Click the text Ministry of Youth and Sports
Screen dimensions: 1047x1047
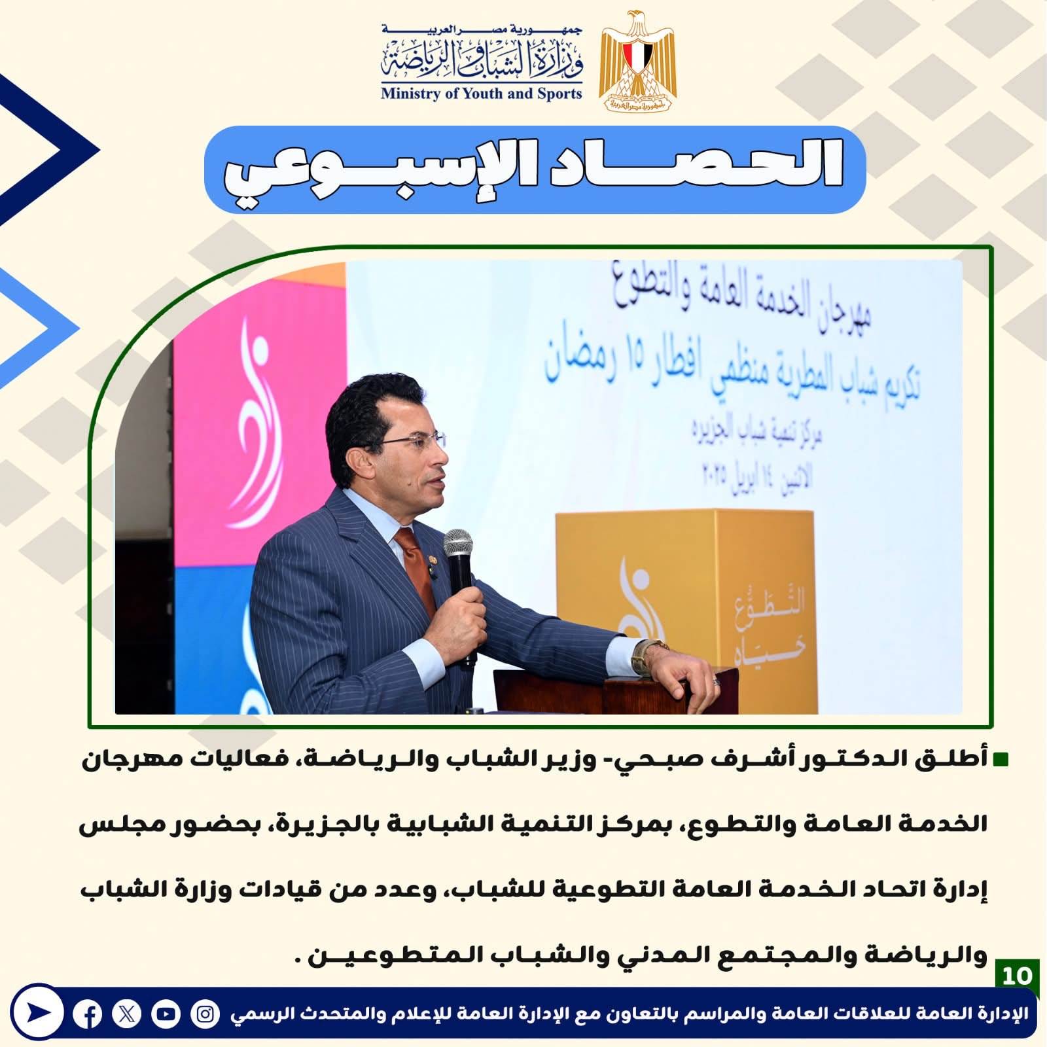(481, 94)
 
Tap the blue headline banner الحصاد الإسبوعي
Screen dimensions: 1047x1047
(535, 169)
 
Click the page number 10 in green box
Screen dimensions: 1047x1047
(1017, 976)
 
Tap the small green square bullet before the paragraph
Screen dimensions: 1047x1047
(1001, 760)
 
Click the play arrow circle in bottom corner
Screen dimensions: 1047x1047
(37, 1012)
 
